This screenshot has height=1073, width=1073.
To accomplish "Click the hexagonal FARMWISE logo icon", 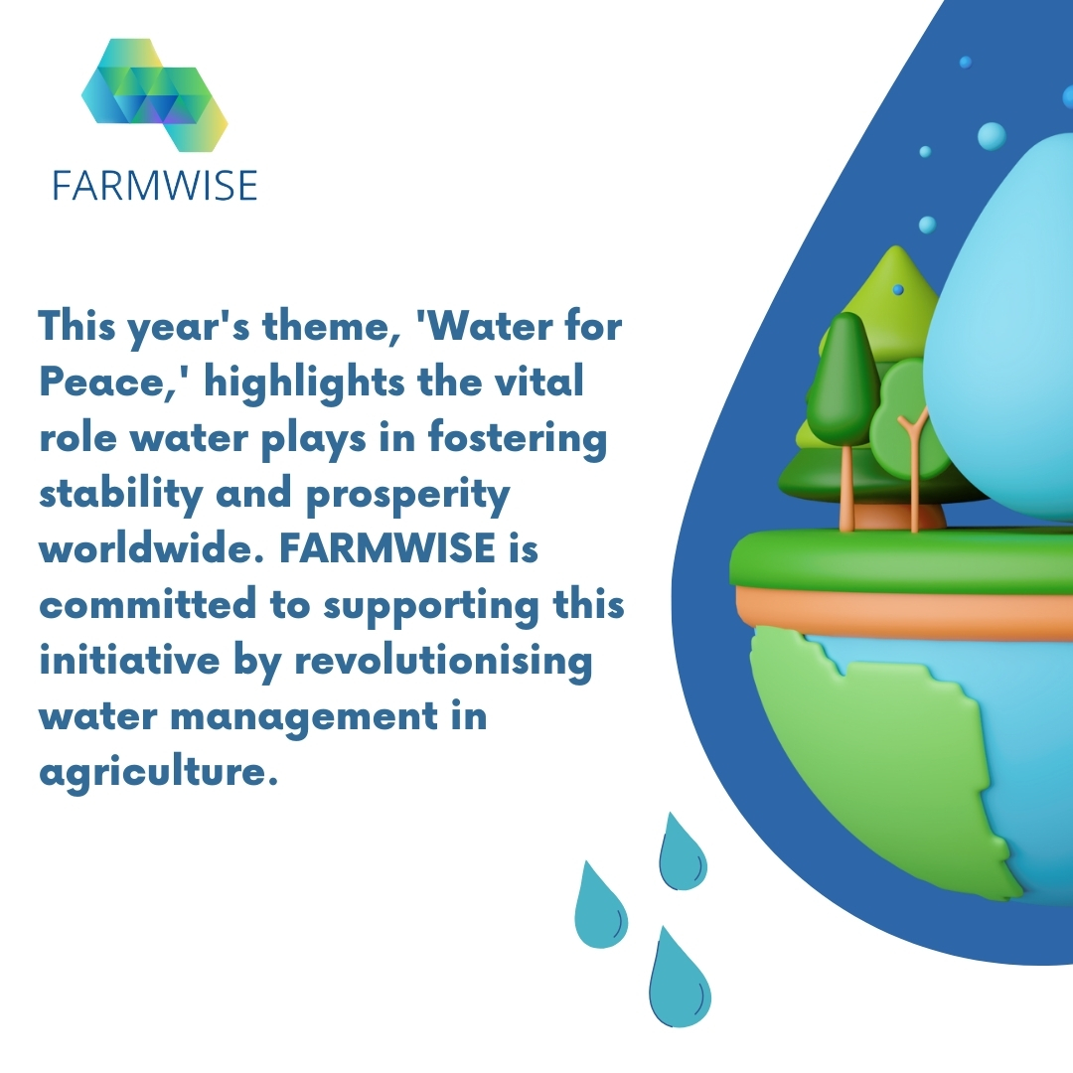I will click(x=154, y=95).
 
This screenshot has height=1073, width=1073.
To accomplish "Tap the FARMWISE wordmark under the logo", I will click(x=155, y=185).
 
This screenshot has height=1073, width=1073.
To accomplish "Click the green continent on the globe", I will click(x=874, y=755).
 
